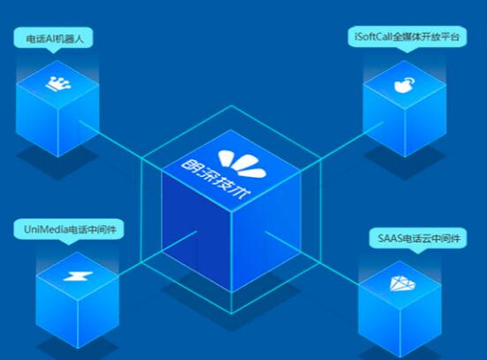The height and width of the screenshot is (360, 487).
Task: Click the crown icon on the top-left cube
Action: pos(58,84)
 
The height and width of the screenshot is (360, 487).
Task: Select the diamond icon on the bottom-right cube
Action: pos(402,284)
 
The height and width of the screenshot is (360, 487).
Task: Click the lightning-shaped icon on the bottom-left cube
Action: pos(78,276)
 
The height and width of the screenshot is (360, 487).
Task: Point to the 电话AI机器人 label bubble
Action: pos(53,40)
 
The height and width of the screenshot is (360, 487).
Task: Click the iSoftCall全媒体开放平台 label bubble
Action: pos(407,37)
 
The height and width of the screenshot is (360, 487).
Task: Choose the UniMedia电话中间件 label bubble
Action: pos(69,230)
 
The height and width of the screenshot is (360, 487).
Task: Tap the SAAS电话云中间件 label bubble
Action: pos(418,240)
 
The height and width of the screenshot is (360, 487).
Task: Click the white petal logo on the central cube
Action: pos(242,164)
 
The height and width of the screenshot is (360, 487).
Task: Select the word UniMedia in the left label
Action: pos(46,229)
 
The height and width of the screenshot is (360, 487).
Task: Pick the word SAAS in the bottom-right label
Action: pos(390,239)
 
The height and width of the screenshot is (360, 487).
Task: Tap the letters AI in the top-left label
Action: pos(50,39)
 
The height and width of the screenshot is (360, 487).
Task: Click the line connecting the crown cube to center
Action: pos(120,144)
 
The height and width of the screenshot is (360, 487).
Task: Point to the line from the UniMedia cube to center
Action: pos(158,253)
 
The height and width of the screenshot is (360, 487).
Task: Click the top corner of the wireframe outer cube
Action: pos(232,105)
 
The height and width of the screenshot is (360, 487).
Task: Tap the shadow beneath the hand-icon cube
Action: pos(405,162)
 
